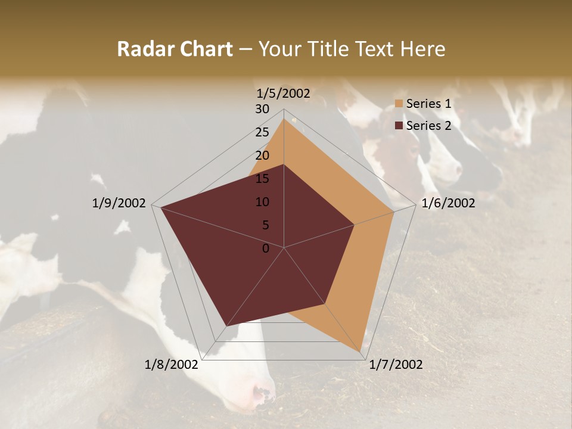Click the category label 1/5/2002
click(x=283, y=93)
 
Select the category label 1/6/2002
click(x=448, y=203)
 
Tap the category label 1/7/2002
click(x=396, y=365)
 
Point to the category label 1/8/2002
click(x=172, y=365)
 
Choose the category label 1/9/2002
click(x=119, y=203)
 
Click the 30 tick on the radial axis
click(x=262, y=109)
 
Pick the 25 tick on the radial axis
click(x=262, y=132)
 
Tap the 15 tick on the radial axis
click(x=262, y=179)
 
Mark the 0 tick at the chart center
click(x=266, y=248)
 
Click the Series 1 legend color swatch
click(x=399, y=104)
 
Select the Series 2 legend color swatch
click(x=399, y=126)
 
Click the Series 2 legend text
click(x=428, y=126)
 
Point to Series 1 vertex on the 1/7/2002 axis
click(x=360, y=352)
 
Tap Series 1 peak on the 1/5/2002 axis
click(x=284, y=119)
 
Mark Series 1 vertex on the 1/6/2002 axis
click(x=394, y=211)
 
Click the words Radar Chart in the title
click(x=175, y=49)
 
